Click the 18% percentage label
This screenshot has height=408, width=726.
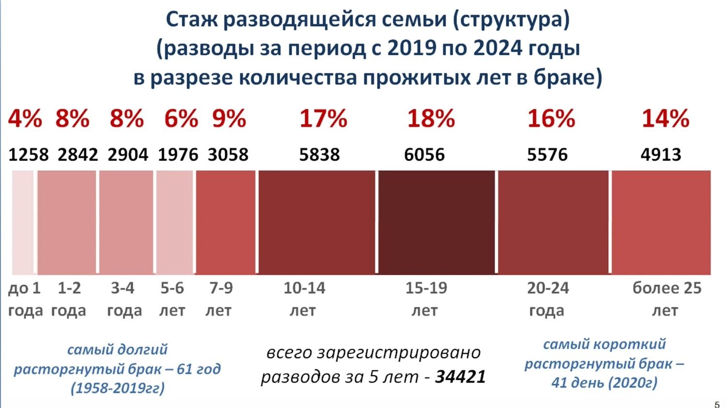coord(431,119)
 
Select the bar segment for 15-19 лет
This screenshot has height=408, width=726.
coord(436,222)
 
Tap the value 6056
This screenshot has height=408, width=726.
coord(424,155)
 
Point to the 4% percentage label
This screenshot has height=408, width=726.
coord(25,119)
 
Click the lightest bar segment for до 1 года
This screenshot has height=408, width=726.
coord(23,222)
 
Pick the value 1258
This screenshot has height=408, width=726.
coord(29,155)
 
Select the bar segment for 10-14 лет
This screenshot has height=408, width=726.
coord(317,222)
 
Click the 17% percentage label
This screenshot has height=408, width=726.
coord(323,119)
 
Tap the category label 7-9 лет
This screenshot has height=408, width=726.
coord(220,299)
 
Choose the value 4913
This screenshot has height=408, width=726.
coord(661,155)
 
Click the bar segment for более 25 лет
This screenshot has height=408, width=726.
coord(661,222)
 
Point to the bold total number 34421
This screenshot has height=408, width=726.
coord(460,377)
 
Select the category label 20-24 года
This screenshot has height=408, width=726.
coord(547,299)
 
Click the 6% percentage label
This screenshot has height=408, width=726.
coord(181,119)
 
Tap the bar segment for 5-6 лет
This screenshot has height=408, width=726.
coord(175,222)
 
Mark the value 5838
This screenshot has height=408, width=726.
coord(319,155)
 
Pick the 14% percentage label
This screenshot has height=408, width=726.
coord(665,119)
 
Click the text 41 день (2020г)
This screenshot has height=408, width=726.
coord(604,383)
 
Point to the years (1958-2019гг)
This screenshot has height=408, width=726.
coord(118,388)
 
